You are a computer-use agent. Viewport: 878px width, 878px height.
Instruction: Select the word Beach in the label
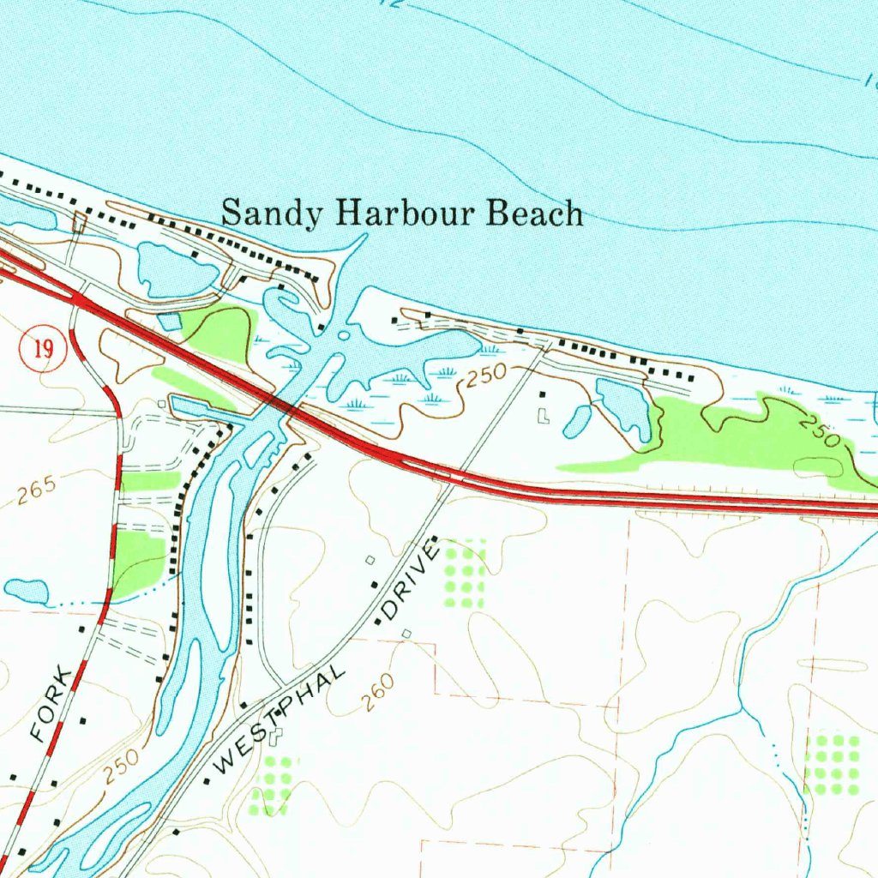pos(534,212)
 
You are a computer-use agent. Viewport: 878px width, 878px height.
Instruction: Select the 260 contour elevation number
pos(377,693)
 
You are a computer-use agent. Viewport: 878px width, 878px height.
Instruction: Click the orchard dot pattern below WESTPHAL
pos(274,785)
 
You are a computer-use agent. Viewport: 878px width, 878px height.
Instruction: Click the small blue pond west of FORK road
pos(26,591)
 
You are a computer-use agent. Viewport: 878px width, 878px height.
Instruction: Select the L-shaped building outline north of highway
pos(542,416)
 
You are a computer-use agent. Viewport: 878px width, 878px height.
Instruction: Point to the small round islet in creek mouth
pos(345,335)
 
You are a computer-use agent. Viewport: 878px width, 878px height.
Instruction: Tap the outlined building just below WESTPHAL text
pos(276,736)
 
